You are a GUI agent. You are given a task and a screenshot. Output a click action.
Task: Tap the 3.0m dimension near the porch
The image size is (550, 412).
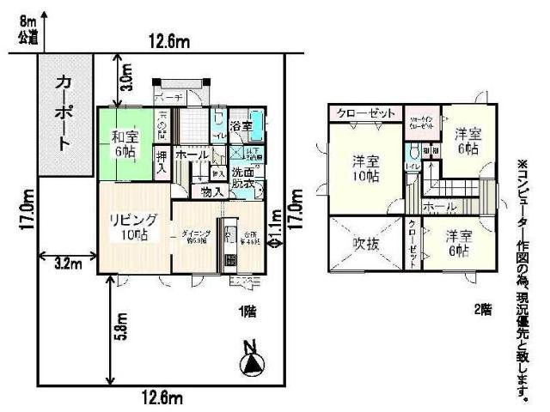(x=127, y=78)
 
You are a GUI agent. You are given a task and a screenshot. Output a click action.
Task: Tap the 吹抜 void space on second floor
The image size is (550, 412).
(x=365, y=244)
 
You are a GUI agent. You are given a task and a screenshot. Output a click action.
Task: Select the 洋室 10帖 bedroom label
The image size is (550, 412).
(x=365, y=167)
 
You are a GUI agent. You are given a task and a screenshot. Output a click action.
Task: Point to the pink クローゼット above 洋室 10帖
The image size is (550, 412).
(x=365, y=113)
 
